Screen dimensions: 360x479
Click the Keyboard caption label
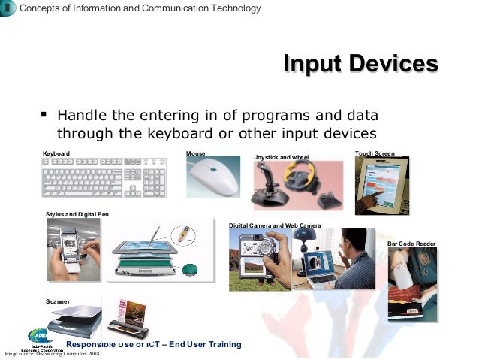pyautogui.click(x=56, y=153)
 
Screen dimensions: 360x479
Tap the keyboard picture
pyautogui.click(x=104, y=177)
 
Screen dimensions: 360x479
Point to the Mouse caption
pyautogui.click(x=195, y=153)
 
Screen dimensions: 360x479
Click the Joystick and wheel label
pyautogui.click(x=282, y=157)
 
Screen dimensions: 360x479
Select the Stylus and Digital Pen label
pyautogui.click(x=77, y=215)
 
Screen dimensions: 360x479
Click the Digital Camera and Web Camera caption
pyautogui.click(x=275, y=225)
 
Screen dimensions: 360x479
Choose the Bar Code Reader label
pyautogui.click(x=411, y=244)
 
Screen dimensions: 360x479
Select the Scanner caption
pyautogui.click(x=58, y=301)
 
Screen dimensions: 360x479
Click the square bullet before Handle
pyautogui.click(x=44, y=116)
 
